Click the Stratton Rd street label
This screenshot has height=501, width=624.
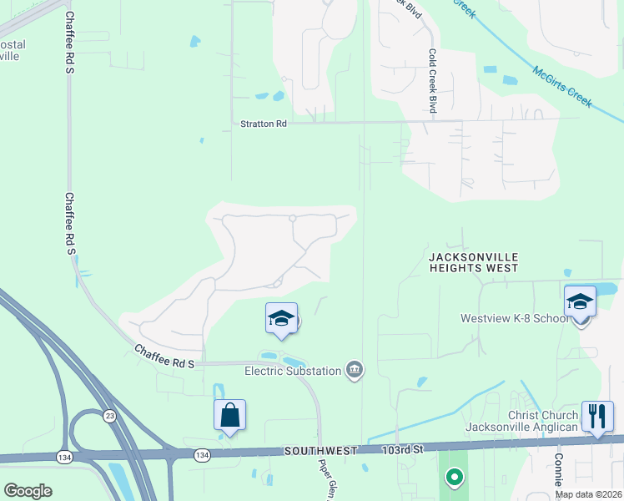pos(264,124)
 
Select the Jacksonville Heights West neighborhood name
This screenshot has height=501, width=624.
pos(474,262)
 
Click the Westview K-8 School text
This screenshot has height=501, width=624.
pos(514,318)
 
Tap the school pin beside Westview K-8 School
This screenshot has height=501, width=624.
pos(580,303)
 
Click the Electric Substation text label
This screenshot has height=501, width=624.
pos(292,371)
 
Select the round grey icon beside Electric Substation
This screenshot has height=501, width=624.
pos(355,369)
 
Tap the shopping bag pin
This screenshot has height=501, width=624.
pos(229,417)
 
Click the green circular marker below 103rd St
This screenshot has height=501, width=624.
pos(454,478)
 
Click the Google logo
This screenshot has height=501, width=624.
pos(28,491)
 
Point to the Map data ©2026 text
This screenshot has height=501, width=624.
pos(589,494)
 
